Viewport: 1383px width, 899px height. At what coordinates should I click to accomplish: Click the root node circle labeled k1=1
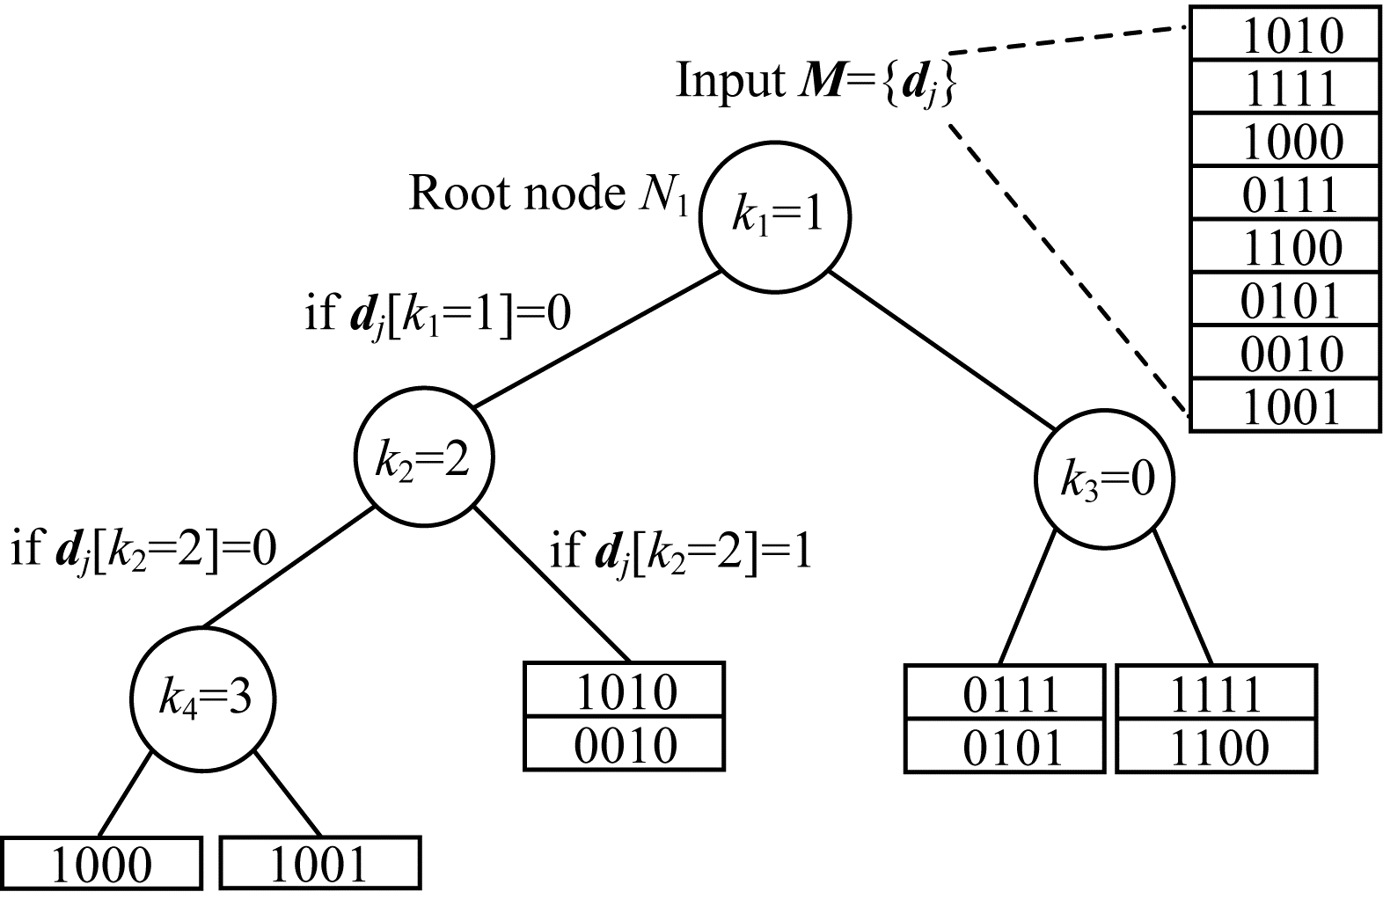[774, 216]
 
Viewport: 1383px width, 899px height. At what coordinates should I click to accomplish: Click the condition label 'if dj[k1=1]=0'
[437, 312]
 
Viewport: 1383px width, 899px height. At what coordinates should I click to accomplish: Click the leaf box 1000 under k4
[101, 864]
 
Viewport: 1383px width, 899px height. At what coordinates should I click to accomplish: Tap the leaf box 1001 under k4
[318, 864]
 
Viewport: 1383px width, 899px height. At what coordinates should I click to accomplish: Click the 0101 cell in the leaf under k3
[1004, 748]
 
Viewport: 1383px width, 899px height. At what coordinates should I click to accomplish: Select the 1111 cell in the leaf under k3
[1217, 693]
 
